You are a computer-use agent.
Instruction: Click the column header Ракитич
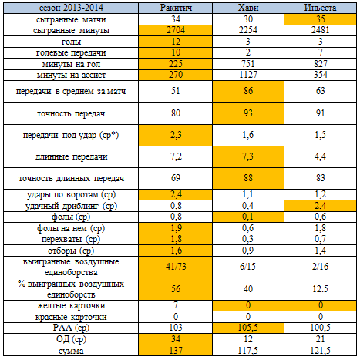coord(176,8)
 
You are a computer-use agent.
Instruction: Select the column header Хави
coord(248,8)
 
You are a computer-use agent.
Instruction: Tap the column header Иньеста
coord(320,8)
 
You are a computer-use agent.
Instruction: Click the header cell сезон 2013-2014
coord(71,8)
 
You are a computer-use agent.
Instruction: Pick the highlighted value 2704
coord(176,30)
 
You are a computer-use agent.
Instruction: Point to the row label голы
coord(71,42)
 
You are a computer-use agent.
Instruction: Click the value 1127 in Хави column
coord(248,75)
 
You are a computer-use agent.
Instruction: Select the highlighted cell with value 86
coord(248,91)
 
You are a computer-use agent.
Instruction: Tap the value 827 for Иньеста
coord(320,64)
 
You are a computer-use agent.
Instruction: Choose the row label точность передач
coord(71,113)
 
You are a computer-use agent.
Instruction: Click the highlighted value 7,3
coord(248,156)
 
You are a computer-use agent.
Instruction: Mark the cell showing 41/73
coord(176,267)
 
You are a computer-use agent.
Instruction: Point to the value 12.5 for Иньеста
coord(320,289)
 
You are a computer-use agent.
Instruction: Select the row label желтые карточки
coord(71,305)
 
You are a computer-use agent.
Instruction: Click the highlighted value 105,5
coord(248,328)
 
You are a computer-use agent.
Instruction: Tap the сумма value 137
coord(176,350)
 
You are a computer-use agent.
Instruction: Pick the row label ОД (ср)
coord(71,339)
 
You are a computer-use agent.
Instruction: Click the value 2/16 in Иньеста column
coord(320,267)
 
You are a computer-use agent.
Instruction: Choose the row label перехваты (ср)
coord(71,239)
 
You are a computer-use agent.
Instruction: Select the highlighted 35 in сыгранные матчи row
coord(320,19)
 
